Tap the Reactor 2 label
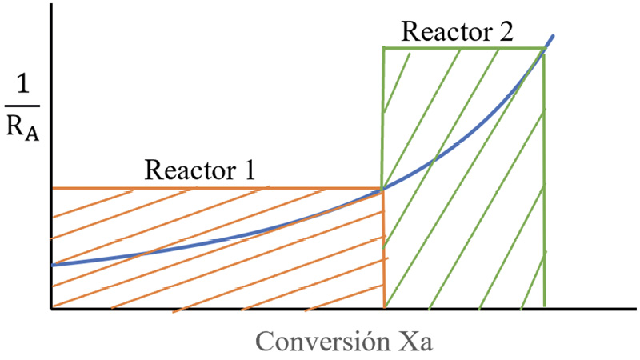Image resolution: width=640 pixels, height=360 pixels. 457,32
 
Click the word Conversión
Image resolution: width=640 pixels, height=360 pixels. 321,342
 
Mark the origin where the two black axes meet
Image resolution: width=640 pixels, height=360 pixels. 50,308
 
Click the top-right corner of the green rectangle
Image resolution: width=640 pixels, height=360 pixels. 543,49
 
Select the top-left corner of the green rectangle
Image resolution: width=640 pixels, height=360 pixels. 383,49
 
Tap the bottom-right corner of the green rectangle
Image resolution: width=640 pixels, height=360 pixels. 544,306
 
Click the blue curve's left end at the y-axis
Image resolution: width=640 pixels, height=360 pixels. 52,265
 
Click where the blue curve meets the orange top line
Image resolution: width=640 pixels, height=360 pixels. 383,189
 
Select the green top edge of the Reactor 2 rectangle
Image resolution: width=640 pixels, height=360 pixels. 464,49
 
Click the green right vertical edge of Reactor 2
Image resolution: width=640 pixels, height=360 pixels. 544,176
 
